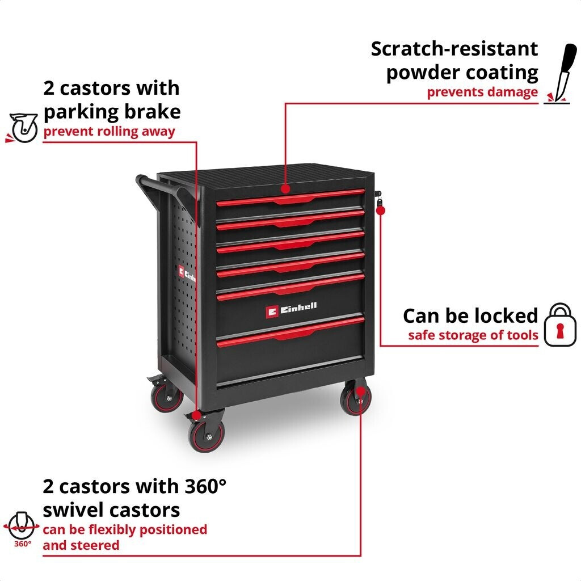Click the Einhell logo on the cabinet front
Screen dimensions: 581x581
[x=292, y=309]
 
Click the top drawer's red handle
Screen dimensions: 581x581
[x=290, y=198]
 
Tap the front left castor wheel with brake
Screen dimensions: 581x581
[x=205, y=434]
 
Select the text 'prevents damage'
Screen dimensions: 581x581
[x=482, y=92]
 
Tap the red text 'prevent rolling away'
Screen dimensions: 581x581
[x=109, y=132]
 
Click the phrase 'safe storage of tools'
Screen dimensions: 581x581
[x=473, y=335]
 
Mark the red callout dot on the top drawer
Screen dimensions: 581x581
[x=285, y=188]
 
